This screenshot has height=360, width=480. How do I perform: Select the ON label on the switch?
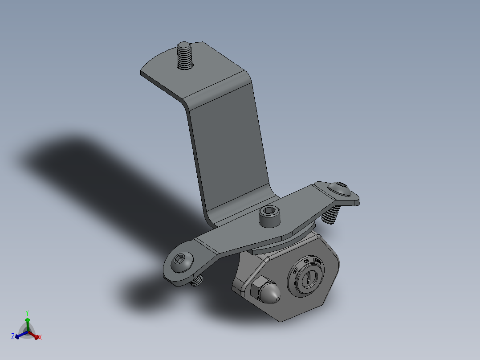(306, 262)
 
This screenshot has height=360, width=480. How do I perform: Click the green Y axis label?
(27, 313)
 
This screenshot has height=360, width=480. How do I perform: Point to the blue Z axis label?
(13, 335)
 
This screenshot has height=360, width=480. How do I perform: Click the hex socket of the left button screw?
(181, 261)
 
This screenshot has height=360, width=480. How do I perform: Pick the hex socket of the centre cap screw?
(270, 211)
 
